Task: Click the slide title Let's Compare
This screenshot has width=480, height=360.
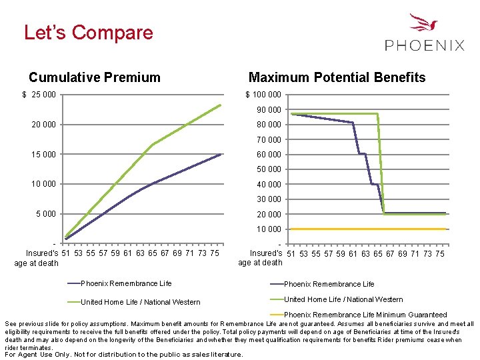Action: pos(89,33)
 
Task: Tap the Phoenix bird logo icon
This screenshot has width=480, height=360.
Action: pos(424,25)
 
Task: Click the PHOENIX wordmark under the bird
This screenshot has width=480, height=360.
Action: pos(425,45)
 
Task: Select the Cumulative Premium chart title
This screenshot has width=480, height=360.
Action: pos(95,77)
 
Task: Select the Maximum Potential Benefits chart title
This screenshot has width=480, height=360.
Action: pos(337,77)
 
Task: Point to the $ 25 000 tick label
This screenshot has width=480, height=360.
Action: pos(39,95)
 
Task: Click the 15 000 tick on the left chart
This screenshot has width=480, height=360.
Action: pos(45,155)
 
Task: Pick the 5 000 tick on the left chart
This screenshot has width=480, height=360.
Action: pos(47,214)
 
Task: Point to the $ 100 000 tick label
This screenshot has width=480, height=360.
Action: pos(263,95)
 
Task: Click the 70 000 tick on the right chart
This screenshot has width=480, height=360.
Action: pos(269,139)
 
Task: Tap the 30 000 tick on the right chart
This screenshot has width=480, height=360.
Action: pos(269,199)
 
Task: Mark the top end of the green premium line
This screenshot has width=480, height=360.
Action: pos(220,105)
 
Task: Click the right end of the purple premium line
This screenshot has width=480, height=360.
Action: pos(220,154)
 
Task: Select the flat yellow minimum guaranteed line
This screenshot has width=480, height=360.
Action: pos(367,229)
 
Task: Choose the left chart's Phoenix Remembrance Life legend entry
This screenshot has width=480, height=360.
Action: pos(126,283)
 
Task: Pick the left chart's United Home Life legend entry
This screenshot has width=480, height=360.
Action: pos(140,302)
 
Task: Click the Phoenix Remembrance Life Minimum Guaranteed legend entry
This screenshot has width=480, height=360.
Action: pos(365,315)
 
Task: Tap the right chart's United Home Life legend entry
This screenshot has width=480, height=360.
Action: pos(343,299)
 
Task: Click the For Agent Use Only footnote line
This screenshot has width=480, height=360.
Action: pos(125,355)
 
